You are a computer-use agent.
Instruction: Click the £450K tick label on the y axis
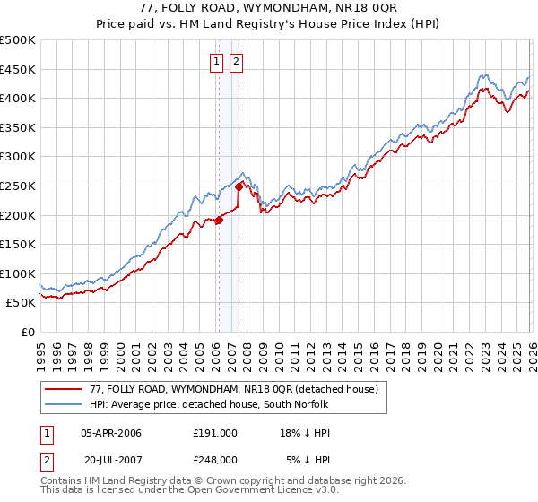[x=18, y=69]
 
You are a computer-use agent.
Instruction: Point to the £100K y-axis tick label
[x=18, y=273]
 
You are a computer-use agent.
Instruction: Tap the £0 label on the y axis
[x=27, y=332]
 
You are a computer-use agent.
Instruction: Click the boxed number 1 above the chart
[x=217, y=62]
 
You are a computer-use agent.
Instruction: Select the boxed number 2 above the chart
[x=236, y=62]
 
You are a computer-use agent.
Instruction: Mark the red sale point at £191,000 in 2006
[x=218, y=220]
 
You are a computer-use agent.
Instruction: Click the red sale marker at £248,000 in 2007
[x=239, y=186]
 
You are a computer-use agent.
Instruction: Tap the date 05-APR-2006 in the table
[x=111, y=432]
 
